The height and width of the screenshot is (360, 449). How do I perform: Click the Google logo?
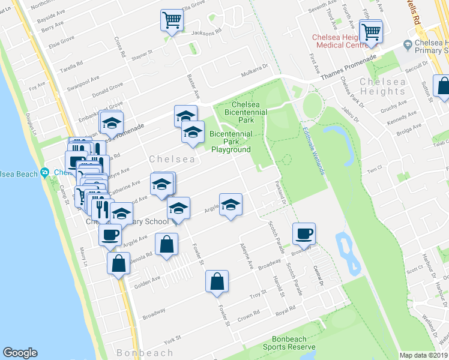pyautogui.click(x=20, y=353)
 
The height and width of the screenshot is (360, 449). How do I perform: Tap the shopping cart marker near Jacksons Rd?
pyautogui.click(x=172, y=22)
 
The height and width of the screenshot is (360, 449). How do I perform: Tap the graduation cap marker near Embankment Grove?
pyautogui.click(x=111, y=124)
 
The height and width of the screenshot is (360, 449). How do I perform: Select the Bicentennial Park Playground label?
pyautogui.click(x=231, y=142)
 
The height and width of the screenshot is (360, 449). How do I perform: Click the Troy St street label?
pyautogui.click(x=258, y=296)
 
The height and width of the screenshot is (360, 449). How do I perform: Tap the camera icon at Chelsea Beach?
pyautogui.click(x=44, y=173)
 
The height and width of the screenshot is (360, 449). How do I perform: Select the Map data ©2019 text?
pyautogui.click(x=424, y=355)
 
